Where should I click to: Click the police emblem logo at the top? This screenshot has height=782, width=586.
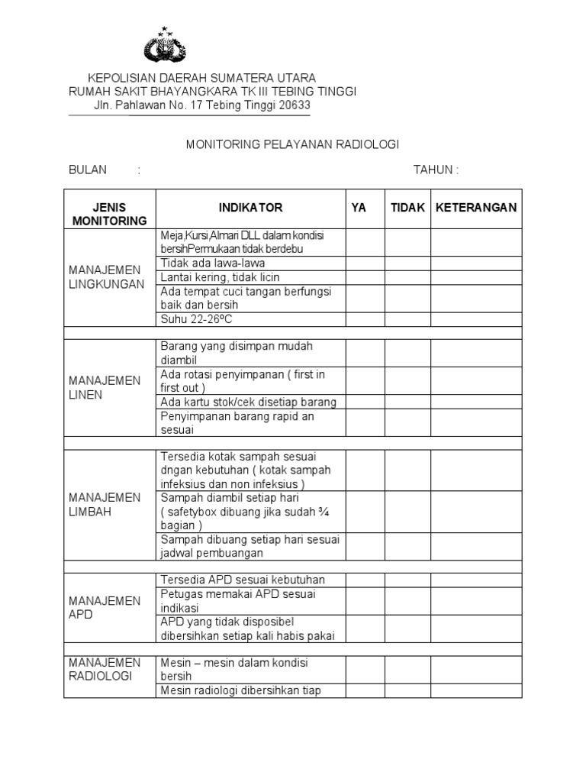[x=164, y=45]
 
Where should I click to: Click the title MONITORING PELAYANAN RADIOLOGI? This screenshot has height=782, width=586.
[x=293, y=144]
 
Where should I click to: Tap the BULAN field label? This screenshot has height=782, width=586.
[x=88, y=170]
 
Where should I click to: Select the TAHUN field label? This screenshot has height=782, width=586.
[x=436, y=170]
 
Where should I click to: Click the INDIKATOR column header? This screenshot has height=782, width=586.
[x=250, y=208]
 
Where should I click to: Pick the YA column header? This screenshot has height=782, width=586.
[x=359, y=208]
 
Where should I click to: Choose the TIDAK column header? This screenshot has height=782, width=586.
[x=407, y=208]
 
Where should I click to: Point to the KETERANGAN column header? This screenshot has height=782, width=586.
[x=476, y=208]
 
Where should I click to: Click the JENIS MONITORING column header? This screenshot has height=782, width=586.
[x=109, y=214]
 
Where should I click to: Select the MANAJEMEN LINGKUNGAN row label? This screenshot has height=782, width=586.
[x=105, y=277]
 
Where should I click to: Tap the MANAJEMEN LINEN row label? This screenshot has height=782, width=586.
[x=105, y=388]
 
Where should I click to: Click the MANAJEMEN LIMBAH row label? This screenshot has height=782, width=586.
[x=105, y=505]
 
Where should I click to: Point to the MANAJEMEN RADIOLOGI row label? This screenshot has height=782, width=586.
[x=105, y=669]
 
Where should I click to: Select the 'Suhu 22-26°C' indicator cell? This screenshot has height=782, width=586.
[x=196, y=319]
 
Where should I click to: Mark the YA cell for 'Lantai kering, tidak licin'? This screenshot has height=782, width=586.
[x=365, y=277]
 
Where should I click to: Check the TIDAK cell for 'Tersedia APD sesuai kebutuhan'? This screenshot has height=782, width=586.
[x=407, y=580]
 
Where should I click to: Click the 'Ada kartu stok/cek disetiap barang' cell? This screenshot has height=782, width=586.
[x=249, y=402]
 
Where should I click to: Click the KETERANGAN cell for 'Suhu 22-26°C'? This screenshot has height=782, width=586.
[x=476, y=319]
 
